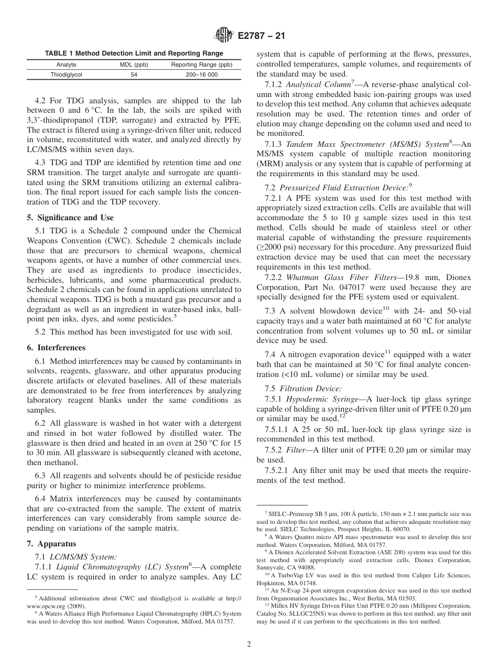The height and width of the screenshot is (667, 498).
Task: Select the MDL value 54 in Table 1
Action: coord(133,74)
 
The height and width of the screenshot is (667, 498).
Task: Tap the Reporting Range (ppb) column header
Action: coord(201,64)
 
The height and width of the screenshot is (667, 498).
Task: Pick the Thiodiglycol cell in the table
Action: coord(66,74)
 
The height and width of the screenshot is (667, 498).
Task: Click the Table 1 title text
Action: coord(134,53)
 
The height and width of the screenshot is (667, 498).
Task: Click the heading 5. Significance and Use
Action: coord(70,218)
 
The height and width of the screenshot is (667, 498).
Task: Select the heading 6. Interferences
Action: coord(56,348)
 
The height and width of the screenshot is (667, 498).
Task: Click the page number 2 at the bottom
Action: coord(249,644)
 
